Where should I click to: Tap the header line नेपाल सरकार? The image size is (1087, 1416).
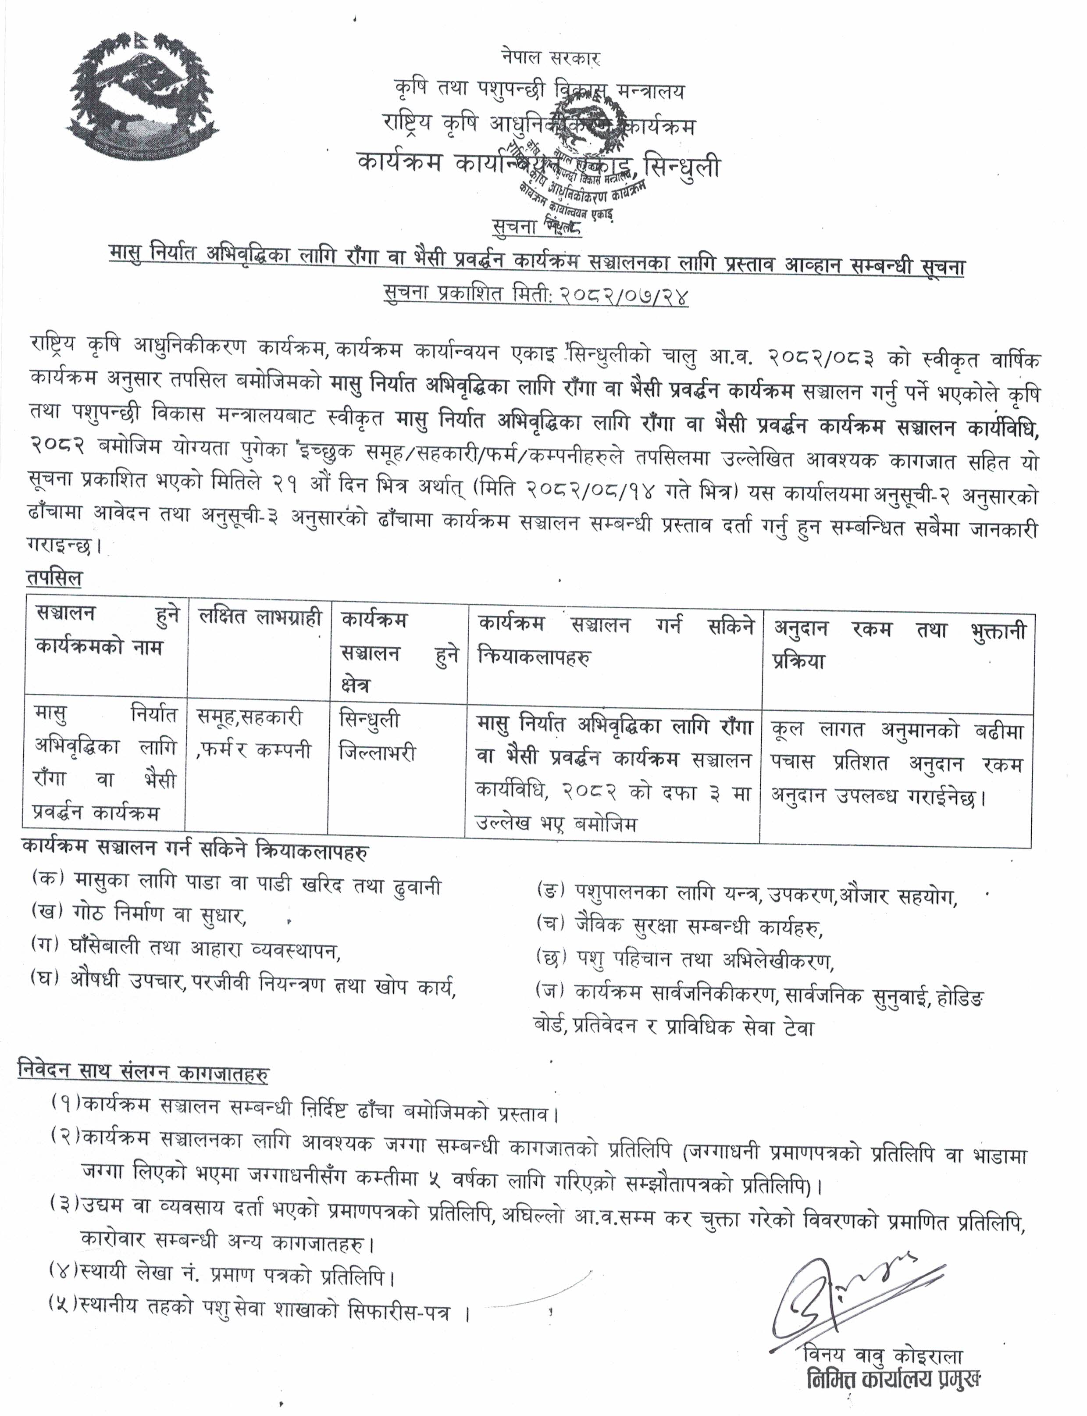coord(551,58)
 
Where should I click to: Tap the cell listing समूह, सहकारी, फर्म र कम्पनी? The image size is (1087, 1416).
coord(255,735)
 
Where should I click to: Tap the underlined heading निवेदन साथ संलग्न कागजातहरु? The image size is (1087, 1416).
coord(144,1073)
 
